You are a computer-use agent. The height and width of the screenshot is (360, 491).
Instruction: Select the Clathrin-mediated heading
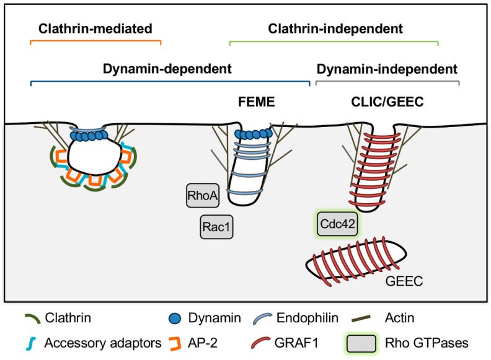click(x=95, y=29)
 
